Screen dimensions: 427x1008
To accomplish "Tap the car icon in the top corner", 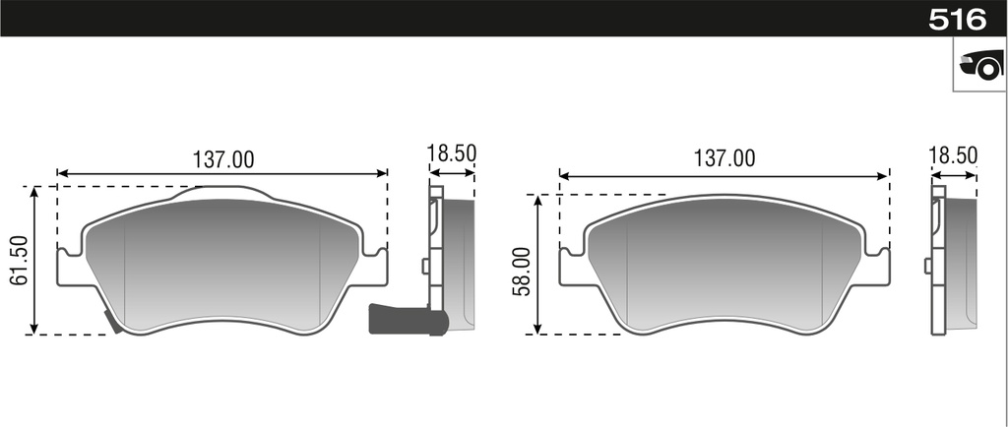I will pos(980,67).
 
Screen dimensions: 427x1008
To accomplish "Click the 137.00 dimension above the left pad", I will pos(222,158).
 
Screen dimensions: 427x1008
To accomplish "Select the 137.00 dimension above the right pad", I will pos(724,158).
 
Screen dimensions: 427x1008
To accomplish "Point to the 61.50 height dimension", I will pos(18,261).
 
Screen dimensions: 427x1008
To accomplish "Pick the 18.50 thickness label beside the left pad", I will pos(452,153).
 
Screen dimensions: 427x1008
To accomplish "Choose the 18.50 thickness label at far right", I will pos(953,154).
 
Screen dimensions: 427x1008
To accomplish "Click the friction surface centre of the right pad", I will pos(724,266).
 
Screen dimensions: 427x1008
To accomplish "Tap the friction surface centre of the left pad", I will pos(222,266).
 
